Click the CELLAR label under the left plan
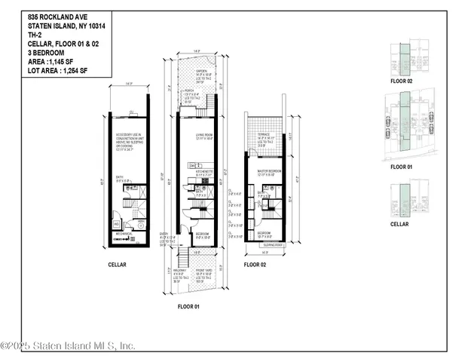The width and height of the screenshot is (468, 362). point(117,265)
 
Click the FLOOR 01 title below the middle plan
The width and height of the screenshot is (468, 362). point(188,308)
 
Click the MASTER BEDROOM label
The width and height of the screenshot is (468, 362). point(269,172)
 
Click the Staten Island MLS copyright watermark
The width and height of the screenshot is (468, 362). point(68,346)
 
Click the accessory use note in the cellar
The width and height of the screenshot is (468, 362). point(130,142)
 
